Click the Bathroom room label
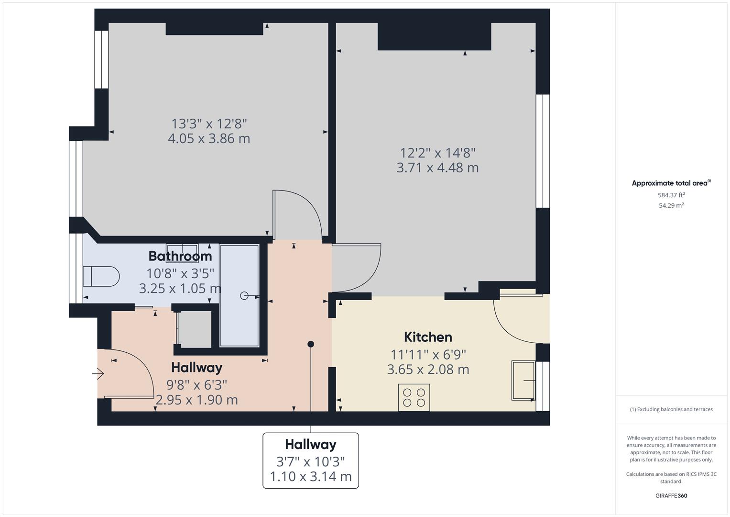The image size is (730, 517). tap(180, 256)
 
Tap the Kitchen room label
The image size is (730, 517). tap(428, 337)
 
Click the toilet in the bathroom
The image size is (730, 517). tap(101, 276)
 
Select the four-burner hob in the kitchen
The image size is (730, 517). tap(414, 397)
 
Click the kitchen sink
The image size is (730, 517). tap(523, 381)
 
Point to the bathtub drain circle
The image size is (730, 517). tap(244, 296)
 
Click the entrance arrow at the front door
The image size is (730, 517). tap(98, 373)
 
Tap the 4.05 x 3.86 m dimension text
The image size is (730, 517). tap(209, 139)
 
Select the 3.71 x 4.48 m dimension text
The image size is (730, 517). tap(437, 168)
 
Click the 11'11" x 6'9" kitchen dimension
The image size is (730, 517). tap(428, 355)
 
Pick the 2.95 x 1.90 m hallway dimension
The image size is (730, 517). tap(197, 400)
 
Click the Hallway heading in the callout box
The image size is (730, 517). tap(311, 444)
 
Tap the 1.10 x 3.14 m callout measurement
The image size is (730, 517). tap(311, 477)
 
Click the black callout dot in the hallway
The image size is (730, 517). tap(311, 344)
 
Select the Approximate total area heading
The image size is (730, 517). tap(671, 183)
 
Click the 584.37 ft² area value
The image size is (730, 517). tap(671, 195)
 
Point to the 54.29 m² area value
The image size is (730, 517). tap(671, 205)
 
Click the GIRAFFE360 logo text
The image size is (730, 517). tap(671, 495)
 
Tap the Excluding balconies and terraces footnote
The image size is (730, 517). tap(671, 409)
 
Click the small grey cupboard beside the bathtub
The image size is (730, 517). tap(194, 329)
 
